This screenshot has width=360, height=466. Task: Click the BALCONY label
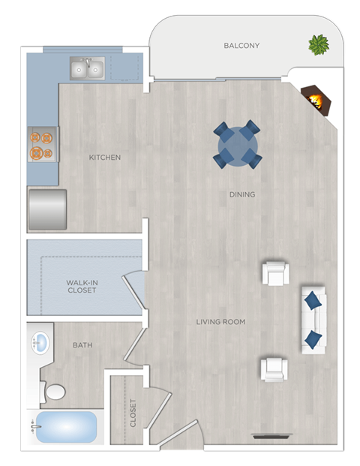coord(241,46)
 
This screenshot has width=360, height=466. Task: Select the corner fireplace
coord(315,99)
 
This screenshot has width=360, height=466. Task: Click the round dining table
coord(238,143)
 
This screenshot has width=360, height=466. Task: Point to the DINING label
coord(242,194)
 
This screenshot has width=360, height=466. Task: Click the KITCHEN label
coord(105,158)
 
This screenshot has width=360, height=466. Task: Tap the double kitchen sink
coord(87,69)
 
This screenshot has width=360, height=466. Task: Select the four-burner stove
coord(43,145)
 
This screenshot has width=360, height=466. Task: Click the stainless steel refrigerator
coord(47,209)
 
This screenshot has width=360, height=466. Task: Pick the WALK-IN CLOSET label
coord(82,286)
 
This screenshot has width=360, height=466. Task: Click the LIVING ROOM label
coord(220,322)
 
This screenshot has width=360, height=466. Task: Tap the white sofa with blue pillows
coord(313,319)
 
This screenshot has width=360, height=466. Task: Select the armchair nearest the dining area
coord(275,273)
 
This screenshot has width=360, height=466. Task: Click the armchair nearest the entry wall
coord(274,368)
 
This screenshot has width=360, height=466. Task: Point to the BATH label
coord(82,346)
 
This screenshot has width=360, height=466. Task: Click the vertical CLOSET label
coord(133,413)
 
